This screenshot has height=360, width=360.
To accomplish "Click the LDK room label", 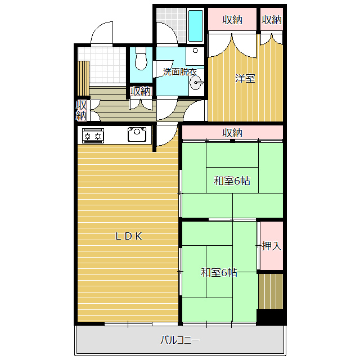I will click(129, 236).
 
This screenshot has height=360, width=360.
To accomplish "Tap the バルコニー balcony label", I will click(180, 340).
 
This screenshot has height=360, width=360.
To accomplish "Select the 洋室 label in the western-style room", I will click(245, 78).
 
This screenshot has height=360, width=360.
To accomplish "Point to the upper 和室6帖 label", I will click(232, 181).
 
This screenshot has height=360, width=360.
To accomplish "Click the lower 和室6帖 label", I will click(219, 273).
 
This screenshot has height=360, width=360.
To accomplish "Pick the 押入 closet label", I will click(271, 246).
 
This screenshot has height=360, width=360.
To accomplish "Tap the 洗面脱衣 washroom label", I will click(179, 71).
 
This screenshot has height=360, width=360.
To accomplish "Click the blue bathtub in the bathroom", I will click(195, 26).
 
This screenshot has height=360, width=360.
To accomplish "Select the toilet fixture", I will click(141, 60).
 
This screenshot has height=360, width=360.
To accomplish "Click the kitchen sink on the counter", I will click(137, 134).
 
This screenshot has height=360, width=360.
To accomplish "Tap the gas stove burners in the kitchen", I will click(93, 135).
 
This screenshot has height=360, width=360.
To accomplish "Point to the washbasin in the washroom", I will click(197, 83).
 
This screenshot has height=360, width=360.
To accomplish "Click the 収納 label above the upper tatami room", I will click(232, 133).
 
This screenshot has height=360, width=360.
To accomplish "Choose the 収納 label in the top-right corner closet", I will click(272, 20).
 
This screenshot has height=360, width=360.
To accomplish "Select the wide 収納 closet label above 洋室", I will click(232, 20).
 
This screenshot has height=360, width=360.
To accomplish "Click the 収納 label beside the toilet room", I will click(141, 91).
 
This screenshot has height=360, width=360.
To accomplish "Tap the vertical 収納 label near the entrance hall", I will click(82, 110).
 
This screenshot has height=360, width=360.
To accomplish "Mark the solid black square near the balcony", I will click(269, 316).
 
